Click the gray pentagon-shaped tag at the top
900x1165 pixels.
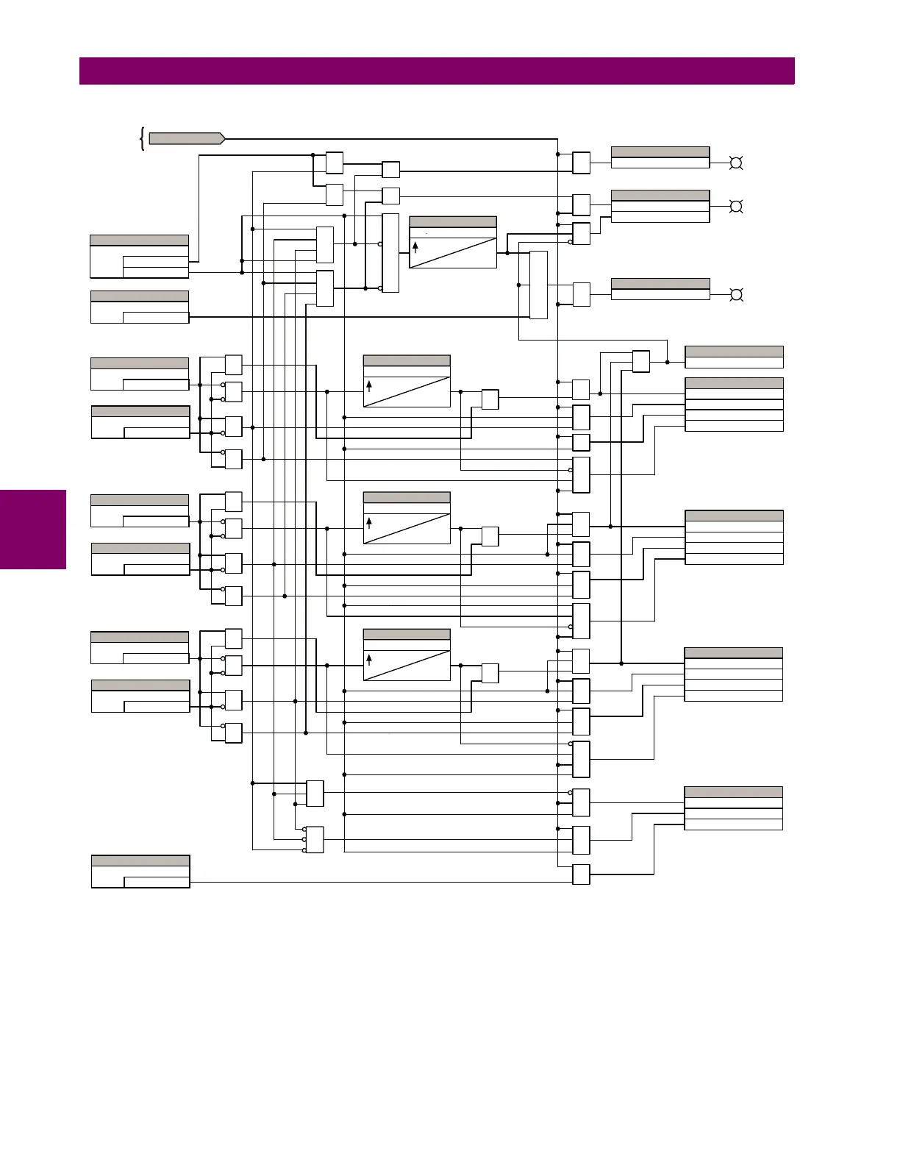click(x=186, y=138)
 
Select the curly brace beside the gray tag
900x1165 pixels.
click(x=141, y=138)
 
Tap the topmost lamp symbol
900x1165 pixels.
click(x=735, y=163)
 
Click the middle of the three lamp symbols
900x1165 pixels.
click(x=735, y=207)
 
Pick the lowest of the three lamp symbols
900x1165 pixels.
click(x=735, y=295)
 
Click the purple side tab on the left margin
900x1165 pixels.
click(x=33, y=530)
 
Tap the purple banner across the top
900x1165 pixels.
click(x=437, y=71)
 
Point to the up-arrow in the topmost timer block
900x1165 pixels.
click(x=415, y=247)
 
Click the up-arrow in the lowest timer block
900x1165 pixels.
click(x=369, y=659)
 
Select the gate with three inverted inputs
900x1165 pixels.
click(x=315, y=840)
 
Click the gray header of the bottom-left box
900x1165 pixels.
click(x=140, y=861)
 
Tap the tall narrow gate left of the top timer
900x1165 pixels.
click(x=390, y=253)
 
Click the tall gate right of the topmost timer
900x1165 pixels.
click(x=538, y=285)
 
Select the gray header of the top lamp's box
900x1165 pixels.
click(x=660, y=152)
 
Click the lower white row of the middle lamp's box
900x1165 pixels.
click(x=660, y=217)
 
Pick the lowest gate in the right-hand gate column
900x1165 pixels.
click(x=581, y=874)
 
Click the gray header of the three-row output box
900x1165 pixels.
click(x=733, y=792)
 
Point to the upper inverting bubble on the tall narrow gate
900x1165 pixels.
click(x=380, y=244)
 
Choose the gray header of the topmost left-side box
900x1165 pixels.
click(x=139, y=240)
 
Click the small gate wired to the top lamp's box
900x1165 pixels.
click(x=581, y=163)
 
